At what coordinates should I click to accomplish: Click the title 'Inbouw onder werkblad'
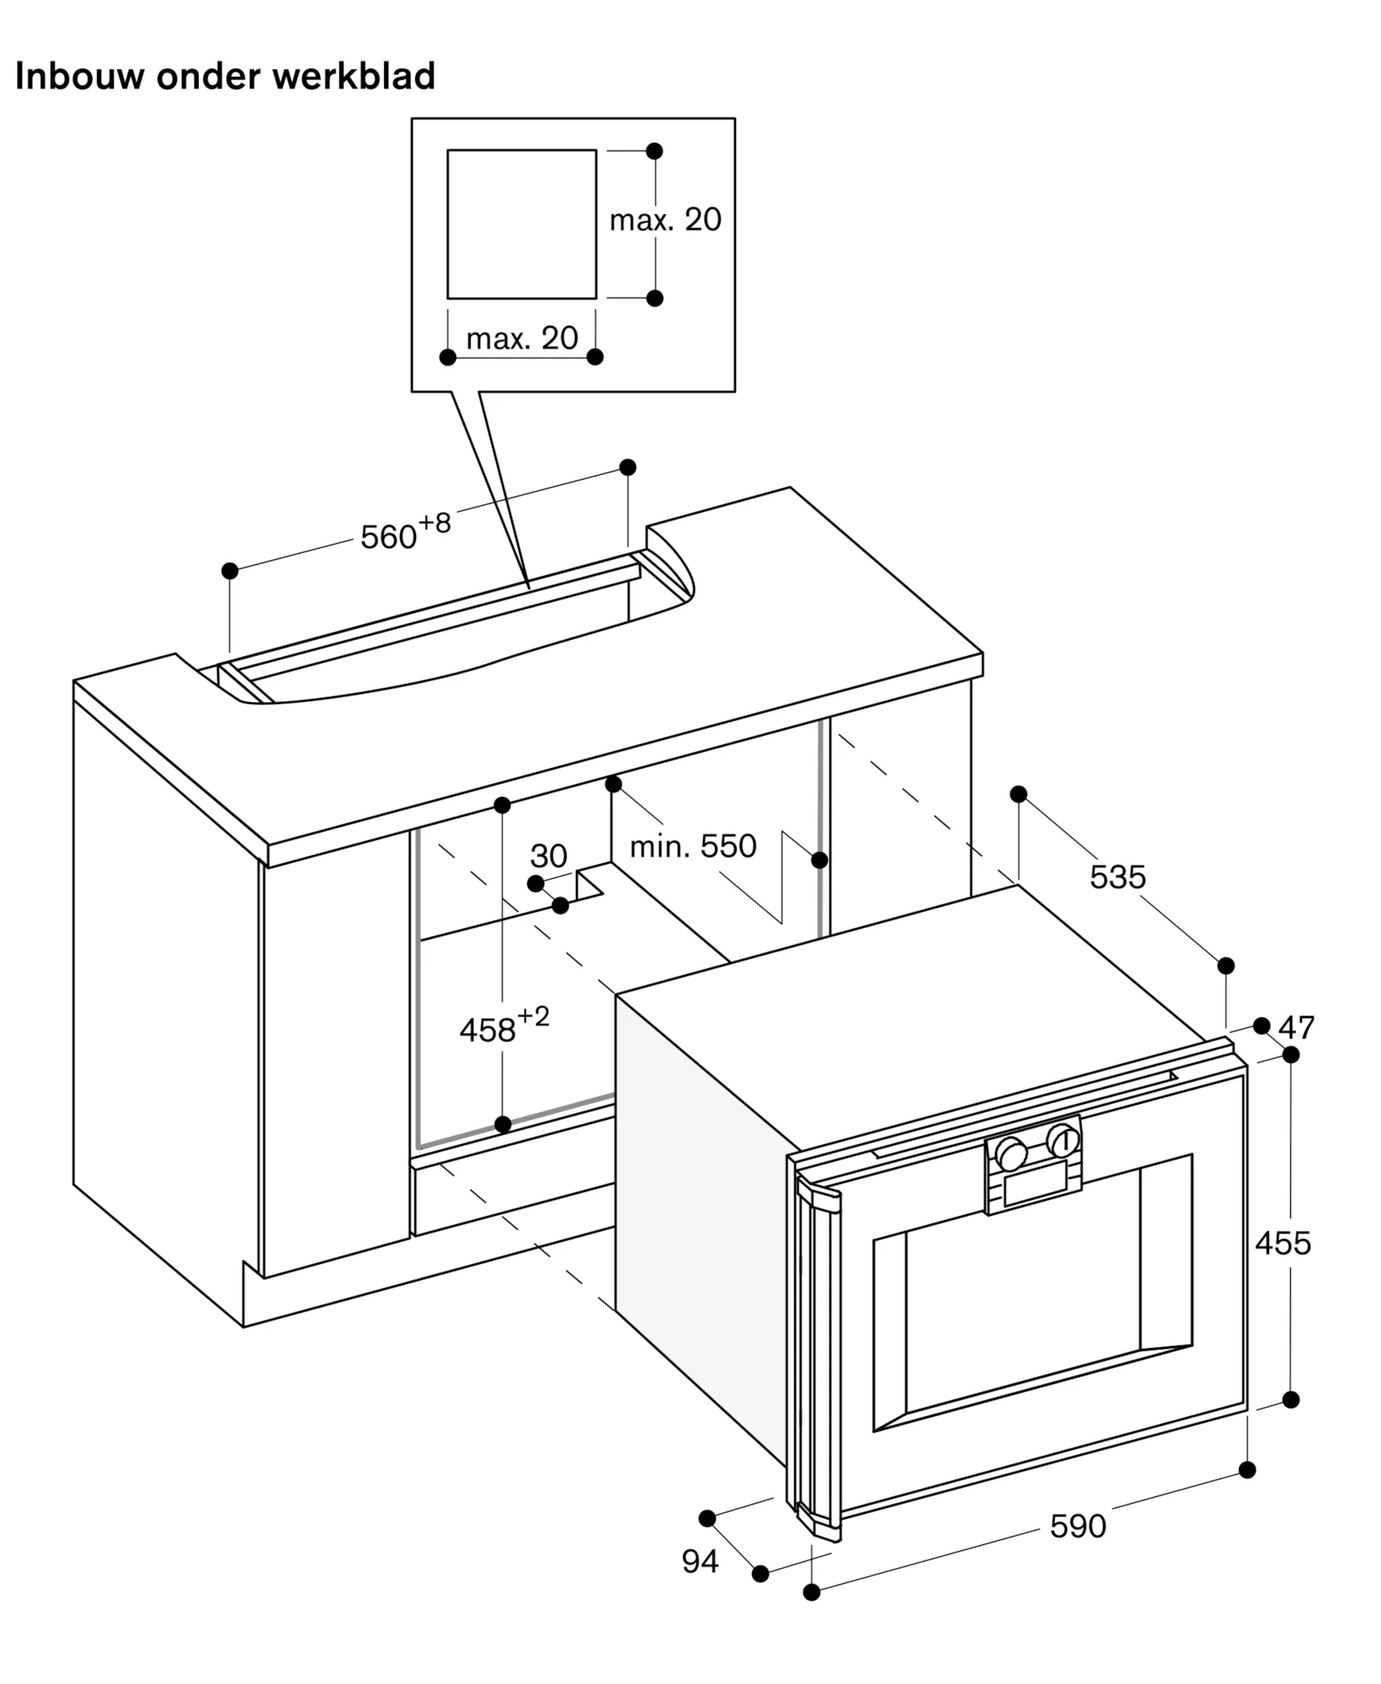tap(225, 76)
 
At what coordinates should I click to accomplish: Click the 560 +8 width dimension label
tap(406, 531)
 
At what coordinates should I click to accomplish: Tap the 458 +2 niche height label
tap(504, 1025)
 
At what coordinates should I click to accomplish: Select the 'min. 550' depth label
tap(693, 845)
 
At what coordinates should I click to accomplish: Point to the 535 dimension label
tap(1117, 877)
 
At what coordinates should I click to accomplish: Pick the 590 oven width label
tap(1078, 1526)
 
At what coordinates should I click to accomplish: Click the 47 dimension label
tap(1296, 1027)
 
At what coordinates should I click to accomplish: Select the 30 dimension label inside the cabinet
tap(548, 856)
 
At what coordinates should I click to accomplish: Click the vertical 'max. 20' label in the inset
tap(665, 220)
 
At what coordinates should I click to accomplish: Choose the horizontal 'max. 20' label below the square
tap(522, 338)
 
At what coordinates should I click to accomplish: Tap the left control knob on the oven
tap(1010, 1154)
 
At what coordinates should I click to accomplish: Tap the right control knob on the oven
tap(1063, 1141)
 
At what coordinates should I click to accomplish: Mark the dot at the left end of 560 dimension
tap(230, 571)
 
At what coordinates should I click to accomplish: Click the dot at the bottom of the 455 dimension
tap(1291, 1399)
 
